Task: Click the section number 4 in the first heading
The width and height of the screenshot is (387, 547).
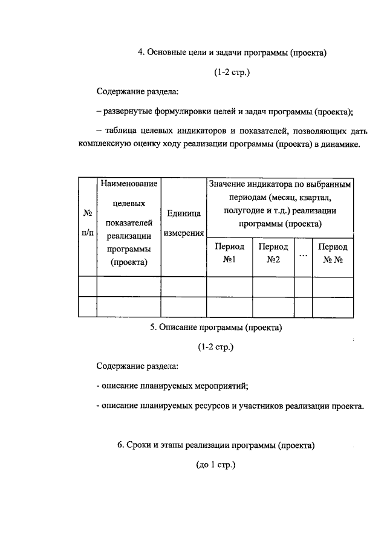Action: point(140,53)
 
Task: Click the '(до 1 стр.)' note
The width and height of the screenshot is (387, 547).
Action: point(215,465)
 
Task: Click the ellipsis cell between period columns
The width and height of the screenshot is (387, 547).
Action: point(303,254)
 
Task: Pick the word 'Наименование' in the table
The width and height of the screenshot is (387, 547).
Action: point(129,183)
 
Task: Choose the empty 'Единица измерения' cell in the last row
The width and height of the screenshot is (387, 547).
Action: point(183,306)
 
